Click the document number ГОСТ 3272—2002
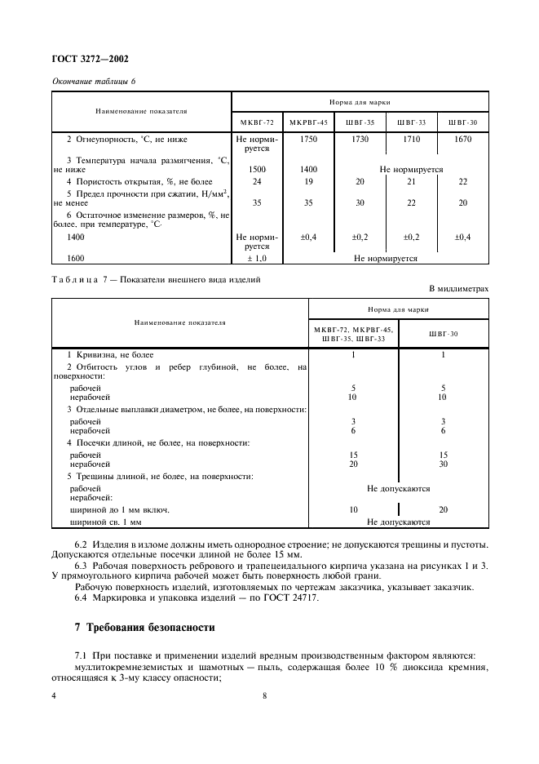[90, 59]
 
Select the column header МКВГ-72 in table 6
[257, 122]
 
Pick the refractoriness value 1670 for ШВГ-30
[462, 140]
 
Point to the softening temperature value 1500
[257, 169]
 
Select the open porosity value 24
[257, 181]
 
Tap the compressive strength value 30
[360, 202]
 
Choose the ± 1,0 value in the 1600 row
[257, 258]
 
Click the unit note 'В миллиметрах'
[458, 288]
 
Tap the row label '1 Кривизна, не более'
[110, 355]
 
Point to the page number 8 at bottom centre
[265, 695]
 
